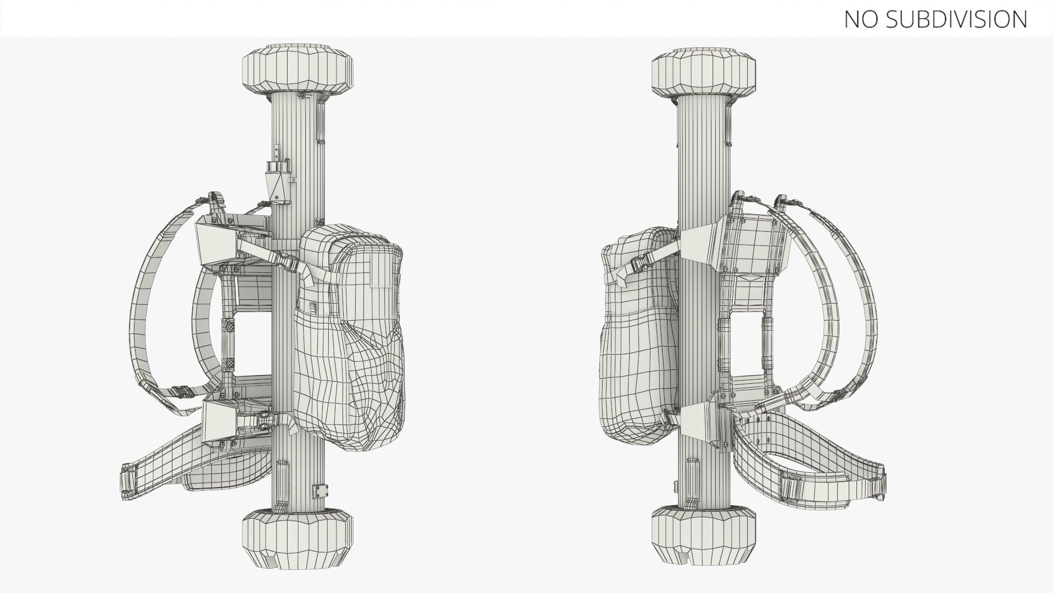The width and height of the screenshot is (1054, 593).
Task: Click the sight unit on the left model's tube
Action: click(x=279, y=178)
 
